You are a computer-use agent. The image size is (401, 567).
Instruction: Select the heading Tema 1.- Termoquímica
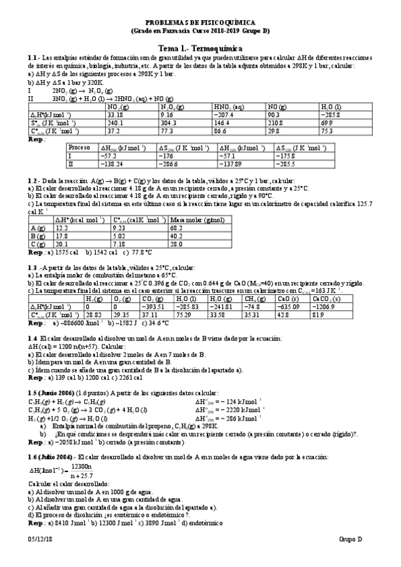click(201, 49)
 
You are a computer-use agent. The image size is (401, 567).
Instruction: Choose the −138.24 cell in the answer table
click(110, 162)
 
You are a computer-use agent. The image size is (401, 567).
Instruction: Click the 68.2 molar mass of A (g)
click(177, 228)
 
